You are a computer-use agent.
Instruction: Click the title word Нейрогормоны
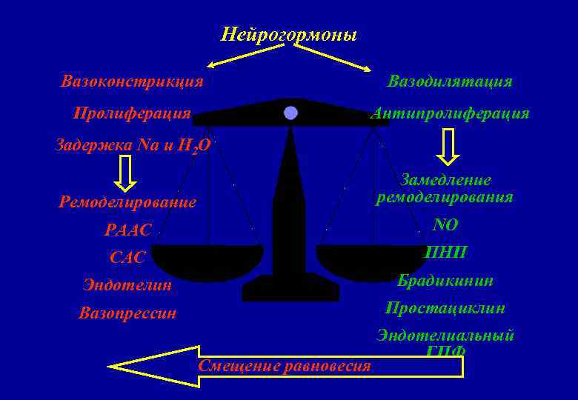pyautogui.click(x=289, y=35)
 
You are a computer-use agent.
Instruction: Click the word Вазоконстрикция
pyautogui.click(x=132, y=81)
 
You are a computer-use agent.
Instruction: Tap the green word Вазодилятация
pyautogui.click(x=450, y=81)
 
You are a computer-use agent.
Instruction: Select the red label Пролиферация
pyautogui.click(x=132, y=113)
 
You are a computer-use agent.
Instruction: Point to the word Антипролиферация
pyautogui.click(x=450, y=113)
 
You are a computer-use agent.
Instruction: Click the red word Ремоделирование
pyautogui.click(x=127, y=201)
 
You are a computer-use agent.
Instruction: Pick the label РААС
pyautogui.click(x=127, y=230)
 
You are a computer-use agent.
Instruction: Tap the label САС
pyautogui.click(x=127, y=258)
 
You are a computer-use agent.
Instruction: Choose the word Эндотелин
pyautogui.click(x=127, y=284)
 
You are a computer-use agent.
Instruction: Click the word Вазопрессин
pyautogui.click(x=127, y=313)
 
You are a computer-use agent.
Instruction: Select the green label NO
pyautogui.click(x=445, y=225)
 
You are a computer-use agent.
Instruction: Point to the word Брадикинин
pyautogui.click(x=445, y=281)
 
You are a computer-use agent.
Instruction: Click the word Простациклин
pyautogui.click(x=445, y=307)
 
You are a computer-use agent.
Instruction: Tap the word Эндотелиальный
pyautogui.click(x=445, y=335)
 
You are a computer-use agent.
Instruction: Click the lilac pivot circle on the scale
pyautogui.click(x=290, y=113)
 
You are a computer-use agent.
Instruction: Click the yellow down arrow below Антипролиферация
pyautogui.click(x=448, y=146)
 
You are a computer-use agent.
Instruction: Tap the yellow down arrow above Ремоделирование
pyautogui.click(x=126, y=173)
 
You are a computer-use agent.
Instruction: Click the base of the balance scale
pyautogui.click(x=290, y=291)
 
